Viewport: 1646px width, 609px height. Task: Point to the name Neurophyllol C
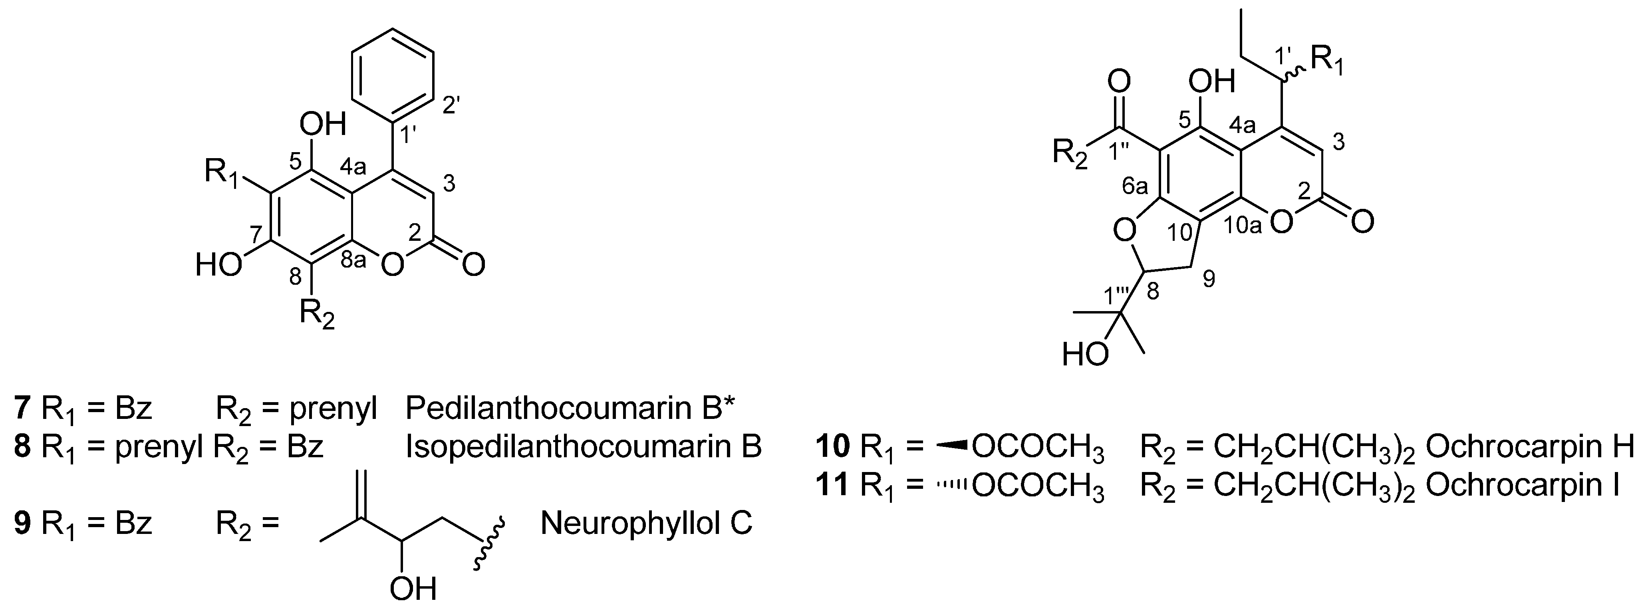pyautogui.click(x=646, y=524)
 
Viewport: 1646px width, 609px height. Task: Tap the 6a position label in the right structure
pyautogui.click(x=1136, y=185)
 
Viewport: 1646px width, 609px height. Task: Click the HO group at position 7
pyautogui.click(x=220, y=264)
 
